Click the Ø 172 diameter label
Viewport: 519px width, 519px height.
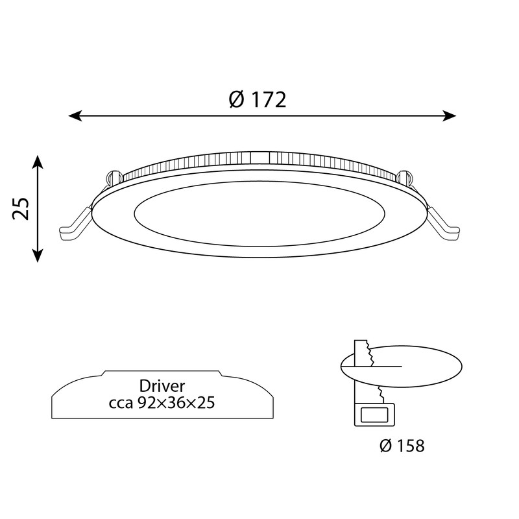[x=258, y=99]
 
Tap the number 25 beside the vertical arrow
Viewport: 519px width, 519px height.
[x=21, y=208]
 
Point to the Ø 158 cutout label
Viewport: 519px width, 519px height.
[x=402, y=446]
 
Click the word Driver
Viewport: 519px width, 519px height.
[x=162, y=386]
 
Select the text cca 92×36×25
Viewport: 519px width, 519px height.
[x=162, y=403]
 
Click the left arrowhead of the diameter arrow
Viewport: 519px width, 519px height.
[x=75, y=116]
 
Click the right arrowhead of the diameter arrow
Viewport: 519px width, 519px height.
[x=450, y=116]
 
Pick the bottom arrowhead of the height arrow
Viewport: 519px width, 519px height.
[x=38, y=255]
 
